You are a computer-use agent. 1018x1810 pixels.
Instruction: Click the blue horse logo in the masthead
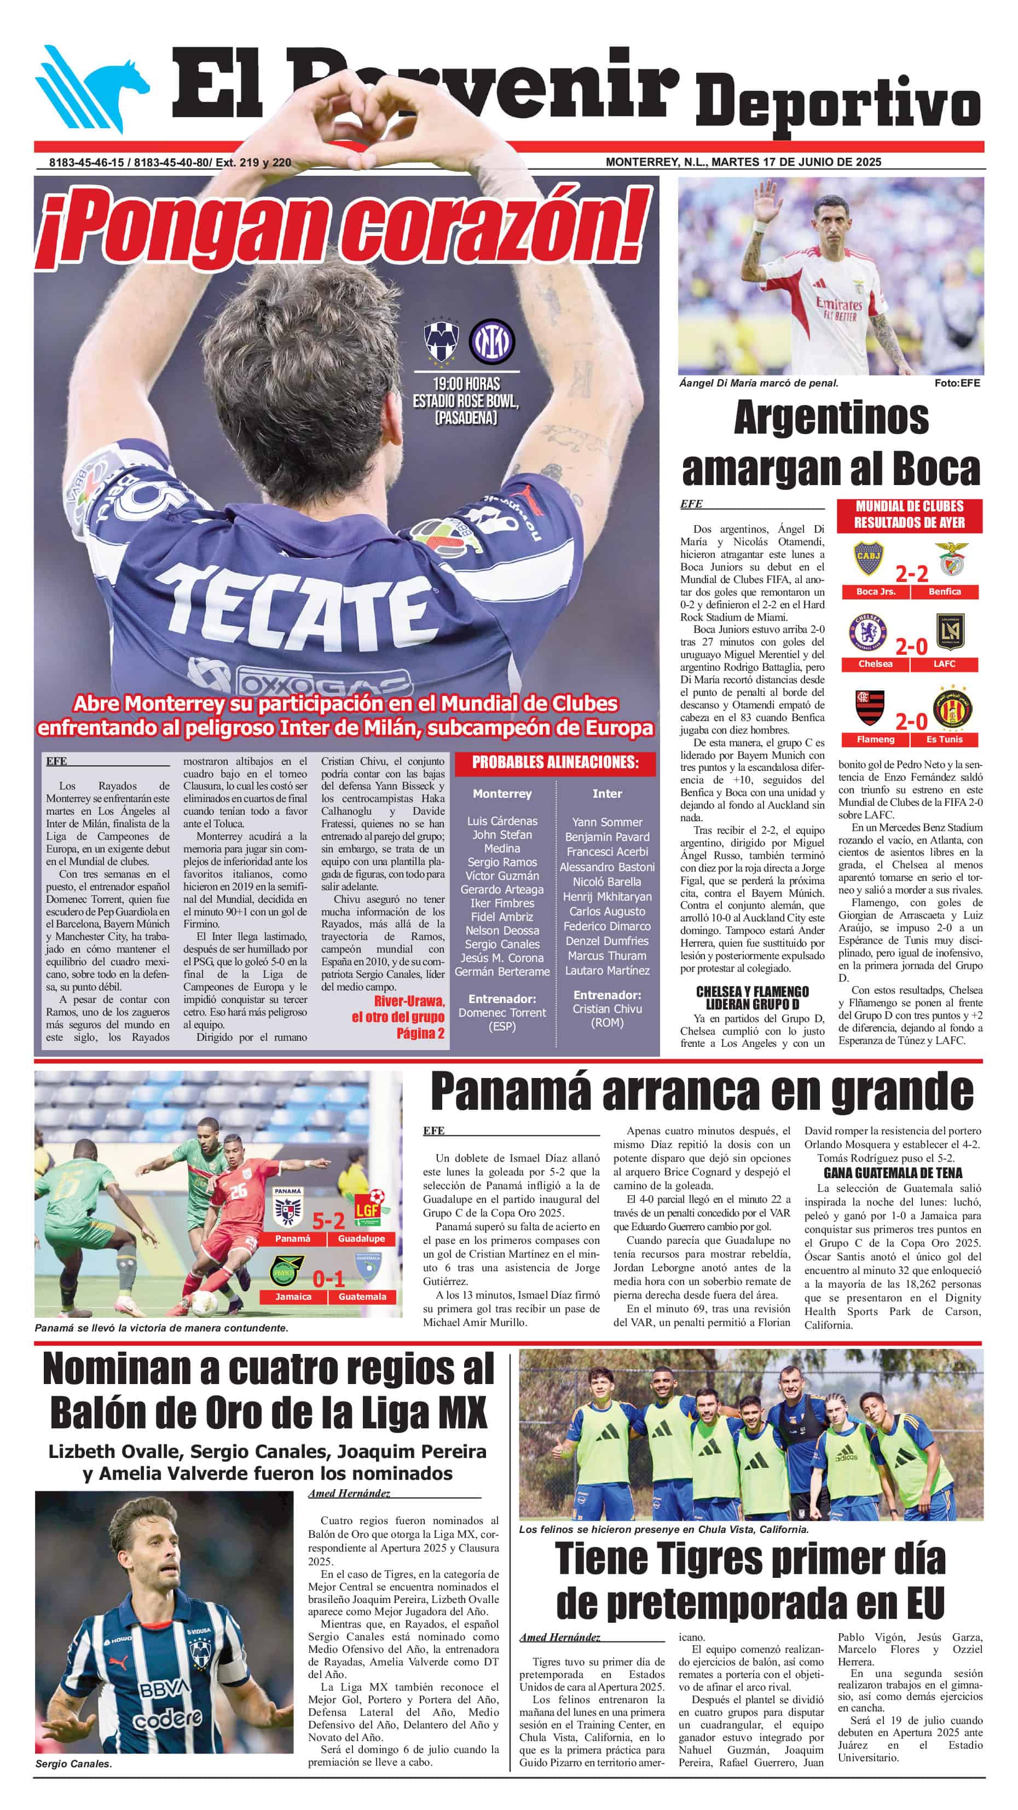[x=91, y=89]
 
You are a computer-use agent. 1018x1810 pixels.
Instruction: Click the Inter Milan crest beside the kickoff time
[x=492, y=342]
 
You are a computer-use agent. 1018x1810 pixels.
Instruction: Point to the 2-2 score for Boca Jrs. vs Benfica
[x=911, y=574]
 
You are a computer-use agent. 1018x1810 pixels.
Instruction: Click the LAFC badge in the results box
[x=945, y=632]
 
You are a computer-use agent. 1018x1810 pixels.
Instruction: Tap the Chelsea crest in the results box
[x=869, y=632]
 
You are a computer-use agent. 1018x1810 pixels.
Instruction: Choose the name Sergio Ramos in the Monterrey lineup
[x=502, y=862]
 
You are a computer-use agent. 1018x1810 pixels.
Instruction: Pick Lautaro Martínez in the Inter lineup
[x=607, y=970]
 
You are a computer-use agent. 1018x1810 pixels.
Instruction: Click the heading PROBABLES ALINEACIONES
[x=555, y=762]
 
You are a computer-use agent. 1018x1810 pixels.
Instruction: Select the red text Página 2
[x=420, y=1033]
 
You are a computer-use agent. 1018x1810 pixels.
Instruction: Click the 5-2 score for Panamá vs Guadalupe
[x=328, y=1220]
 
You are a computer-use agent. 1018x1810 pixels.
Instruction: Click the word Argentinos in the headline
[x=831, y=418]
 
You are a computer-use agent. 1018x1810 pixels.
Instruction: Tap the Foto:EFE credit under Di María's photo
[x=957, y=383]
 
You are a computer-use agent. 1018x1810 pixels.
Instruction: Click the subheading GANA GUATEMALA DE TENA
[x=892, y=1173]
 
